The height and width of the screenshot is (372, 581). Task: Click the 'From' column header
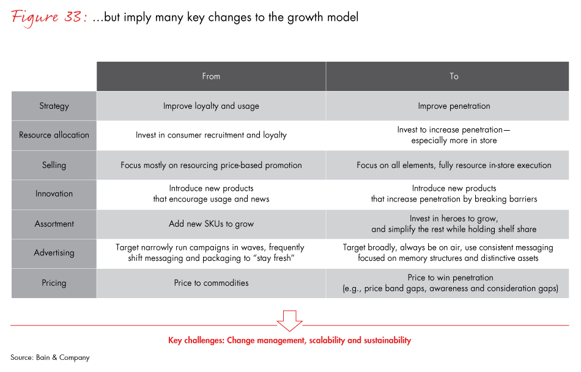tap(211, 76)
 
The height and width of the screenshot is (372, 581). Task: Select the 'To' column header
tap(454, 76)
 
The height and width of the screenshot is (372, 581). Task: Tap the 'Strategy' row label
tap(54, 106)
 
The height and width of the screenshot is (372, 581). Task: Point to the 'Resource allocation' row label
tap(54, 135)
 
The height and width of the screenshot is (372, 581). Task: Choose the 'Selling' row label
tap(54, 165)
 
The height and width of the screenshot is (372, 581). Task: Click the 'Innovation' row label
tap(54, 194)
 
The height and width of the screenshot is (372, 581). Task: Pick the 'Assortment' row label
tap(54, 224)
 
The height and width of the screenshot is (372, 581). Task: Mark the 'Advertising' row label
tap(54, 253)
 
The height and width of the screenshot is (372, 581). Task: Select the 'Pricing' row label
tap(54, 283)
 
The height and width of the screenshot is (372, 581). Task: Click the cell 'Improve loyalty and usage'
tap(211, 106)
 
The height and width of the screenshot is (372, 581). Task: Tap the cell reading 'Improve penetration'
tap(454, 106)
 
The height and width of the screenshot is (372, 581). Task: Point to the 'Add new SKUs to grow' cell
tap(211, 224)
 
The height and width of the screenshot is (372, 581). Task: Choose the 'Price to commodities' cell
tap(211, 283)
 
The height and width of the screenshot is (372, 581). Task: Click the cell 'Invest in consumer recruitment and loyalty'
tap(211, 135)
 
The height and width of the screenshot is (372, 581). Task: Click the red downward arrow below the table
tap(290, 319)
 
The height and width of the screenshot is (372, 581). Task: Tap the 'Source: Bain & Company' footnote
tap(50, 357)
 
